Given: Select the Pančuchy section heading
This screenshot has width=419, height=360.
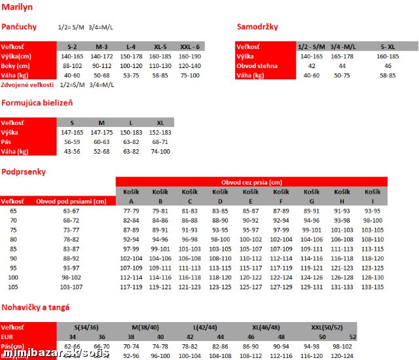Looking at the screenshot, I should point(19,27).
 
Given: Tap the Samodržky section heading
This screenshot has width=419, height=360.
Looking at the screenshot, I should point(257,27).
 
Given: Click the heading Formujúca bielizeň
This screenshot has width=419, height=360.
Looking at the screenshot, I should point(37,103).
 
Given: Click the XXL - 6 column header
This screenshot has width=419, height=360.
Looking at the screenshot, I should point(190,47).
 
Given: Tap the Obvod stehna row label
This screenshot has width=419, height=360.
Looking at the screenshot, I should point(257,66).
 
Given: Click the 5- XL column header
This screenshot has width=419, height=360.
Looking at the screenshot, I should point(388,47).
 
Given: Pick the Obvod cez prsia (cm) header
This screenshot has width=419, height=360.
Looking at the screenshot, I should point(251,182).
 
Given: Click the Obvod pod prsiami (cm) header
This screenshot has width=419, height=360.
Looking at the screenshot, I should point(71,202).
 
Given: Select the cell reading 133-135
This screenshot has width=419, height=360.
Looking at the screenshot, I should point(372,287).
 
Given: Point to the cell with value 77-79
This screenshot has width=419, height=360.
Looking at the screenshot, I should point(131,211).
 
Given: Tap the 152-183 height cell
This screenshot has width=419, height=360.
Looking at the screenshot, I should point(160,132).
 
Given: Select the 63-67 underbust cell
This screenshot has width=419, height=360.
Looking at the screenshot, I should point(71,211).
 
